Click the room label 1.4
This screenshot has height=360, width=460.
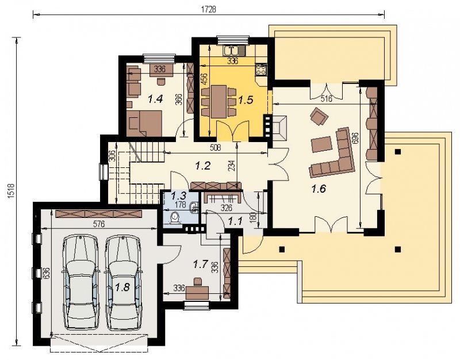click(x=155, y=99)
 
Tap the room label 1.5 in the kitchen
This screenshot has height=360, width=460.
click(x=246, y=100)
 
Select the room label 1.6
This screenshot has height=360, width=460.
click(x=319, y=189)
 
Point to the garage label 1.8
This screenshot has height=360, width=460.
click(x=122, y=287)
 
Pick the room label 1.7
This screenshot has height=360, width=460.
click(x=201, y=265)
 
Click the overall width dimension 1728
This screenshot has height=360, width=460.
click(x=209, y=9)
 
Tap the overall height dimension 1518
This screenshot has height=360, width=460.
click(x=11, y=191)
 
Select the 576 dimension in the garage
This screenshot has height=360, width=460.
click(x=99, y=224)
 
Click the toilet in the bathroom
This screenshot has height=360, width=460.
click(x=176, y=218)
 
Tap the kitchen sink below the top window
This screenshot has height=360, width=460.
click(x=233, y=51)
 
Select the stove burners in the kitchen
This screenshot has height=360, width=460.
click(x=261, y=70)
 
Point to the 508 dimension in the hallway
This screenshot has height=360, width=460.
click(x=215, y=147)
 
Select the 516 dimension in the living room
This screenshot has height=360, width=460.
click(x=326, y=99)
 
